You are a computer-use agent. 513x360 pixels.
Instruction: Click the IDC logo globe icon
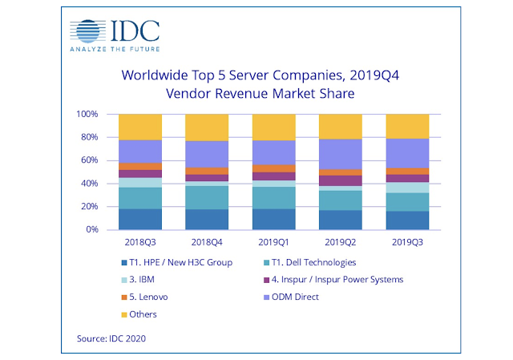pyautogui.click(x=87, y=30)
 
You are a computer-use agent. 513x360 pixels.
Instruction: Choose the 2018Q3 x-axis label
pyautogui.click(x=139, y=241)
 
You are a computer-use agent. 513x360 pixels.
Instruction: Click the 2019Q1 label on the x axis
pyautogui.click(x=274, y=241)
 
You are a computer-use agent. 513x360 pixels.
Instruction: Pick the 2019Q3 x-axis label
pyautogui.click(x=408, y=241)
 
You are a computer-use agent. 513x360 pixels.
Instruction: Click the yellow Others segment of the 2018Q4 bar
pyautogui.click(x=207, y=127)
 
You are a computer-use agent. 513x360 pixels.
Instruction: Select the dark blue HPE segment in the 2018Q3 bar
pyautogui.click(x=139, y=219)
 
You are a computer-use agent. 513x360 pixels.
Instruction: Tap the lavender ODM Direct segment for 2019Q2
pyautogui.click(x=341, y=154)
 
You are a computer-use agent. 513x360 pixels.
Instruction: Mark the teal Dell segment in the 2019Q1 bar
pyautogui.click(x=274, y=197)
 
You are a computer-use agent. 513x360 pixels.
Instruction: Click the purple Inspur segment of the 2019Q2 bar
pyautogui.click(x=341, y=180)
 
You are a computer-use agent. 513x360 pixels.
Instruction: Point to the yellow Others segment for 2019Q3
pyautogui.click(x=408, y=126)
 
